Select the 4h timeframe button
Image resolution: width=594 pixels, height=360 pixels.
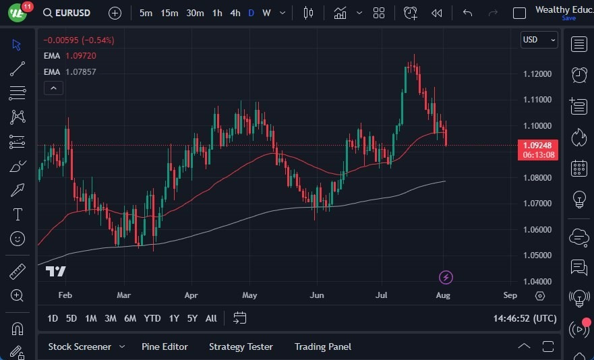pos(235,13)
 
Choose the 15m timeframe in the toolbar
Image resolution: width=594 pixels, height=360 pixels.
pos(169,13)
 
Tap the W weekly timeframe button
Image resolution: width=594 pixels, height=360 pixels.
pos(266,13)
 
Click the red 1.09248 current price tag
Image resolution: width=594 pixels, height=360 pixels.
pos(539,145)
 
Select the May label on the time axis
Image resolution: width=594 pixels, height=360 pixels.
pos(250,295)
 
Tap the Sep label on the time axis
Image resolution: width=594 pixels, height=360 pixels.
pos(510,295)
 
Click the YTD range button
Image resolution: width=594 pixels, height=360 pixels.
pos(152,318)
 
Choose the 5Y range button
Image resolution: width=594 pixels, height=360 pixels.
pos(192,318)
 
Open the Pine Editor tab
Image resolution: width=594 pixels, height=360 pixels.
pos(165,347)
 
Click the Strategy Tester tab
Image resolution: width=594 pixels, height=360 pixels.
pos(241,347)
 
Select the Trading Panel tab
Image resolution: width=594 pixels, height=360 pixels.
pos(323,347)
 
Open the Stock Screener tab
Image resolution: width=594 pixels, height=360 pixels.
pos(80,347)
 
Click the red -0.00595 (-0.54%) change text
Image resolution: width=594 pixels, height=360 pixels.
pos(79,40)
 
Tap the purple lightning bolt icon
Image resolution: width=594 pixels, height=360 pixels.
pos(446,277)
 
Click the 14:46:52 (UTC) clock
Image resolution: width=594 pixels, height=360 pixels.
pos(525,318)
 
